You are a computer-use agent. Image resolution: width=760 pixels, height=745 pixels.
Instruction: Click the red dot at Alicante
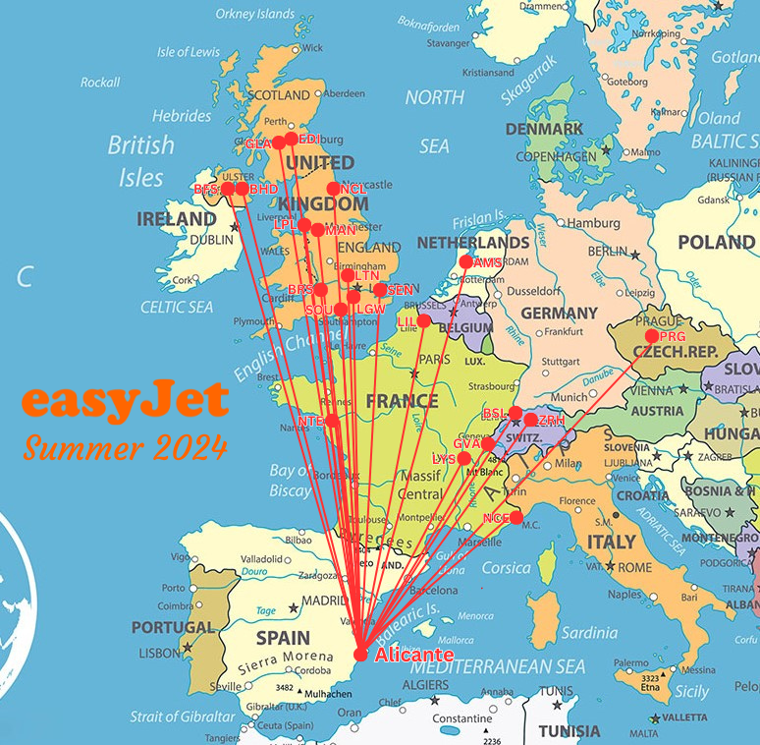pos(360,655)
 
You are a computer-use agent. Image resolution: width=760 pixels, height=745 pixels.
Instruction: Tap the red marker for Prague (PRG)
pos(652,336)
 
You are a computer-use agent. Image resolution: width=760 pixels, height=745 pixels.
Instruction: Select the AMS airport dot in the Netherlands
pos(467,262)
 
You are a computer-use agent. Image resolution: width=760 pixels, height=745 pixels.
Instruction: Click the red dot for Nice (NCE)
pos(516,518)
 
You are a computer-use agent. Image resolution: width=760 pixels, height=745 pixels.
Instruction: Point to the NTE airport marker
pos(332,421)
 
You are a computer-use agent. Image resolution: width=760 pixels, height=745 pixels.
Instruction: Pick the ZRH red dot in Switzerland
pos(531,420)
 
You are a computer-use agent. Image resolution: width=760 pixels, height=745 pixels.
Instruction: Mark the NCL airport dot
pos(334,189)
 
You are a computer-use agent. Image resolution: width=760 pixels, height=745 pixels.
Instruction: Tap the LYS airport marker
pos(464,458)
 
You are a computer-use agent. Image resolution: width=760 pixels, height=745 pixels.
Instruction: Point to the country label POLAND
pos(717,242)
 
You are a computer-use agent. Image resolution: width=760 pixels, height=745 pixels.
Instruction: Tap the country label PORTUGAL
pos(172,627)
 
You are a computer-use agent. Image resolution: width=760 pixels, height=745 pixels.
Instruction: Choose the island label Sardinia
pos(589,632)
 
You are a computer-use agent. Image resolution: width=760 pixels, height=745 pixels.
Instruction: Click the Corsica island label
pos(506,568)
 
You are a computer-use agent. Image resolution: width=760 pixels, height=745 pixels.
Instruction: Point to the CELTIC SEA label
pos(177,308)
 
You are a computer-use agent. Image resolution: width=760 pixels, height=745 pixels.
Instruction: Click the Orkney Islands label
pos(255,15)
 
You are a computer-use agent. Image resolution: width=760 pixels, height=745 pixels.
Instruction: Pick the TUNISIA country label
pos(570,731)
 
